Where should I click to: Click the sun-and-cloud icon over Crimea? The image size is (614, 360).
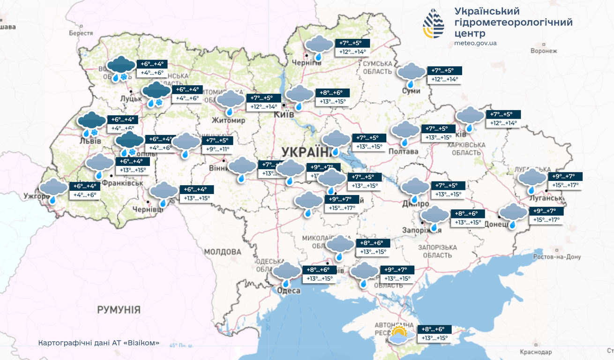399,335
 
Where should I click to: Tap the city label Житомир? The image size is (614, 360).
228,120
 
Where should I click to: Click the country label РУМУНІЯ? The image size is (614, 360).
119,309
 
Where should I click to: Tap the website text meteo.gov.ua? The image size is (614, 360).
475,43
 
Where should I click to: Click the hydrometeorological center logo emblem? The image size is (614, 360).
434,23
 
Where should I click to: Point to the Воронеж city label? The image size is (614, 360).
544,51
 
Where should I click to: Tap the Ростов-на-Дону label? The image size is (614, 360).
557,257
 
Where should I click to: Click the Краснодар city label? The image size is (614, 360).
536,352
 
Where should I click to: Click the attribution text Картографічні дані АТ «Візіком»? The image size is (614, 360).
98,343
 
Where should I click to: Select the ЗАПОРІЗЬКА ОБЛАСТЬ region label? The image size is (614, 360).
437,251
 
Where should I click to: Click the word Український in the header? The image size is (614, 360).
487,11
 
